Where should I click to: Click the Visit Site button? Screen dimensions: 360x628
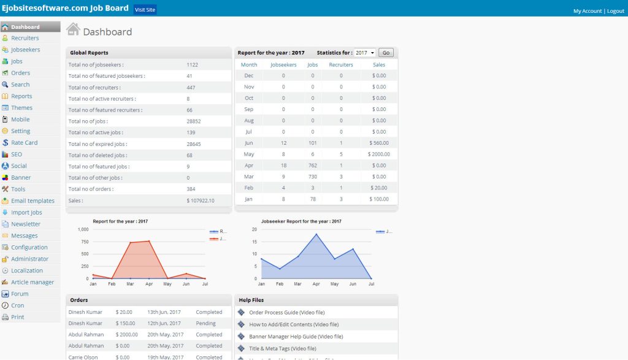pos(145,10)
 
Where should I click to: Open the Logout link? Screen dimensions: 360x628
pos(615,11)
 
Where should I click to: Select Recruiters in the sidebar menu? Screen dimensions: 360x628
pos(25,38)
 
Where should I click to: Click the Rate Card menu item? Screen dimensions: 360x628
pos(24,142)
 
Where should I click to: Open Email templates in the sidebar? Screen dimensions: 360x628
pos(33,201)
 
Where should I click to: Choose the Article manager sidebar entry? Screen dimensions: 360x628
pos(32,282)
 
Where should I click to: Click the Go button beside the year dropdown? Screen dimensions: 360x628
pos(386,53)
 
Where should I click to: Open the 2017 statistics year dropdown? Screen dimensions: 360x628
pos(364,53)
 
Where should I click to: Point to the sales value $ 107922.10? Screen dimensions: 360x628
pos(201,201)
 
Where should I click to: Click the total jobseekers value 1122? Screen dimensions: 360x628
pos(192,64)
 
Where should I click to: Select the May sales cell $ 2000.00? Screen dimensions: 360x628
pos(378,154)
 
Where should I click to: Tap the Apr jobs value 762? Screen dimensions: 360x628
pos(312,165)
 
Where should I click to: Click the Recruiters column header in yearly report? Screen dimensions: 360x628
pos(341,64)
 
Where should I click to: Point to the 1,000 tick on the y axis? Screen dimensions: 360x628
pos(83,229)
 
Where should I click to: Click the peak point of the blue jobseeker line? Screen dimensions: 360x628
pos(316,234)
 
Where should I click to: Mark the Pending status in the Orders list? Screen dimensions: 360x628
pos(205,323)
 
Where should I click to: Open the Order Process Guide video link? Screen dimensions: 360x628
pos(286,312)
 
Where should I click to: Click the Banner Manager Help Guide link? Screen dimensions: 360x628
pos(296,336)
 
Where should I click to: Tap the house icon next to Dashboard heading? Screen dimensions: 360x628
pos(73,29)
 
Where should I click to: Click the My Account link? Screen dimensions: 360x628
pos(587,11)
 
